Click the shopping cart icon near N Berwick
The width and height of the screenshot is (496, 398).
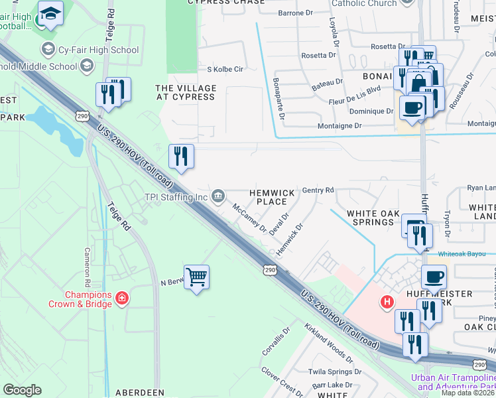[x=197, y=278]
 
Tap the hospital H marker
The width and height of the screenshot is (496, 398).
[x=387, y=302]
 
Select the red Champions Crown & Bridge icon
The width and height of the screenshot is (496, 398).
[x=121, y=299]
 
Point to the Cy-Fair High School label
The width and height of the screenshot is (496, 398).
[x=98, y=50]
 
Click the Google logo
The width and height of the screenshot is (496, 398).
[x=22, y=390]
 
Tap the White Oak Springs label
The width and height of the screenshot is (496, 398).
[x=371, y=218]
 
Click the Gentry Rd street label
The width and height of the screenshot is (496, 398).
[x=318, y=190]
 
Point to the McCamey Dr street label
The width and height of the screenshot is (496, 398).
[x=249, y=218]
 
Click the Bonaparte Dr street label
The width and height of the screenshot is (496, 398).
[x=279, y=99]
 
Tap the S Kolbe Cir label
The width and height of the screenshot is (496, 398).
[x=226, y=69]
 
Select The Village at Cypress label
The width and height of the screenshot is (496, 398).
[x=186, y=92]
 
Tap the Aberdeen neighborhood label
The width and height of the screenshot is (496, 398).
[x=140, y=393]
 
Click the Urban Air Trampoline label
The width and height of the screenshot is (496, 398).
[x=453, y=382]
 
